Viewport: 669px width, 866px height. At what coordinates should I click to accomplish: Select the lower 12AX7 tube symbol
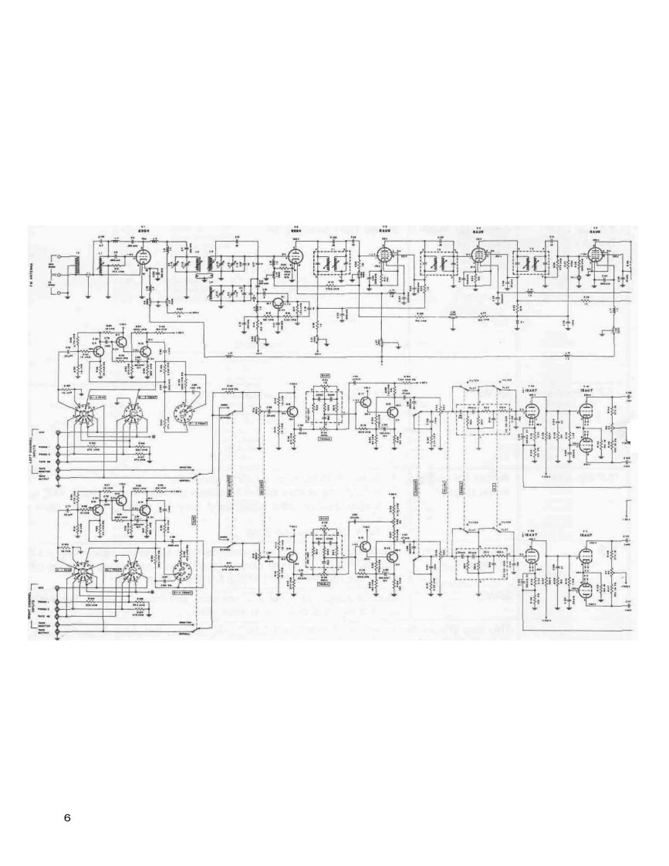coord(530,556)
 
